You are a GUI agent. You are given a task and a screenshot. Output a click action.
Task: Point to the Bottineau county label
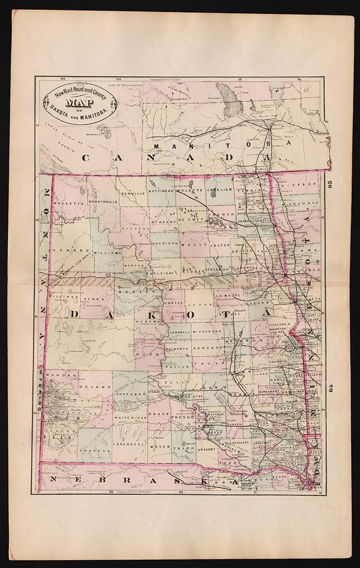pyautogui.click(x=162, y=191)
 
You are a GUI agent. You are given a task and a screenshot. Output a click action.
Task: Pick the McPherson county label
pyautogui.click(x=207, y=330)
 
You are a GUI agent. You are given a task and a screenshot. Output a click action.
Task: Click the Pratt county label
pyautogui.click(x=158, y=414)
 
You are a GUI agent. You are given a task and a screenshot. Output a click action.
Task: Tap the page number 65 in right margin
pyautogui.click(x=331, y=183)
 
